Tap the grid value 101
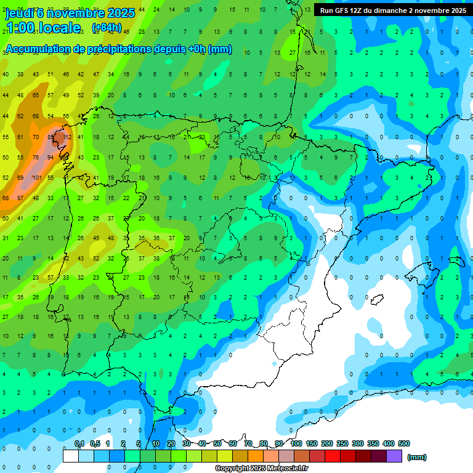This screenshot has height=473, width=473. point(36,177)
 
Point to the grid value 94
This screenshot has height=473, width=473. point(51,157)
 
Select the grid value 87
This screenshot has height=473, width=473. point(21,198)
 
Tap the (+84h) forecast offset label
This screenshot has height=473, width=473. point(106,28)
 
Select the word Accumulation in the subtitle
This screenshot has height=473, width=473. point(37,49)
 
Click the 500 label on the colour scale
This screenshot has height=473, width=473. point(404,443)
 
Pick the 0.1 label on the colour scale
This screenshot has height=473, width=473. point(79,443)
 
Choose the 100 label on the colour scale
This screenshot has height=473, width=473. point(296,443)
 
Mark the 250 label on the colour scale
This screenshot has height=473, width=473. point(342,443)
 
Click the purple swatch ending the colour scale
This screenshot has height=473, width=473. point(394,456)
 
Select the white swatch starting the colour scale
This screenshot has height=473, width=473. point(71,456)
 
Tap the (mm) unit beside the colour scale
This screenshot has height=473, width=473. point(417,457)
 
